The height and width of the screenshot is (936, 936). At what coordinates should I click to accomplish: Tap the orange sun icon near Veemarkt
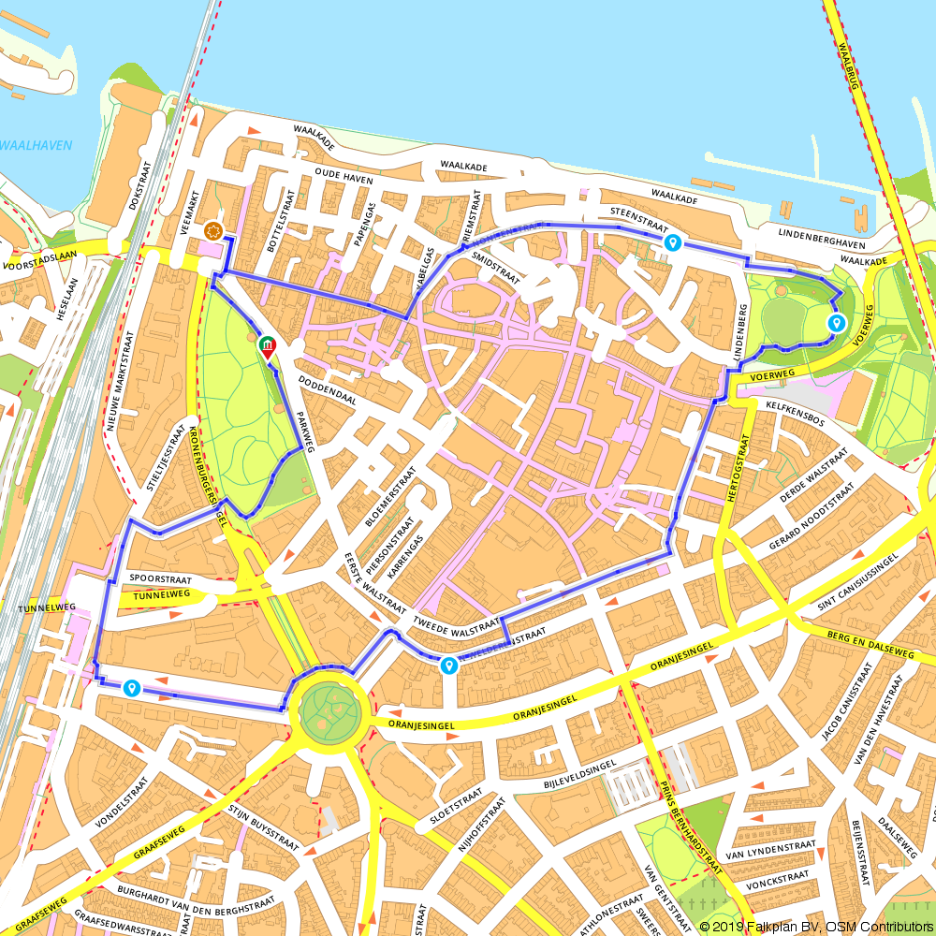coord(213,230)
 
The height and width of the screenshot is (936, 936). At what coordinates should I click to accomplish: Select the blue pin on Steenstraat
coord(672,243)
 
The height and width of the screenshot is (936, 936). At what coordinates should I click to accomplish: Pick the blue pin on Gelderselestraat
coord(449,665)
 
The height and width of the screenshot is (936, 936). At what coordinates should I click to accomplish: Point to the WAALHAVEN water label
coord(35,145)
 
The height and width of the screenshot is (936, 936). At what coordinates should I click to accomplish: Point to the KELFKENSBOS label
coord(795,414)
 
